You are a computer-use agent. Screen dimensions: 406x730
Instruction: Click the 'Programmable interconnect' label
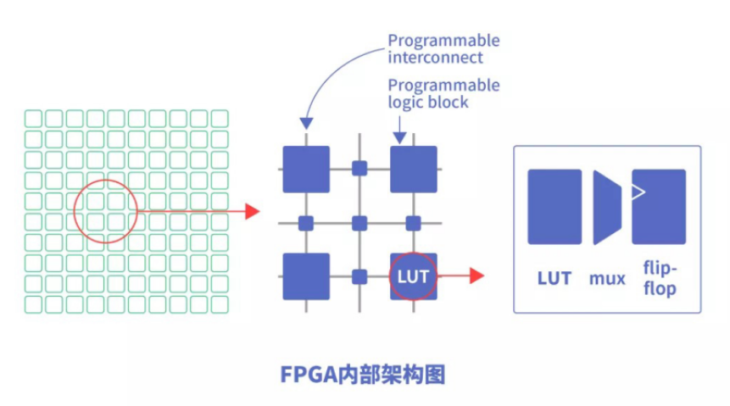pos(443,49)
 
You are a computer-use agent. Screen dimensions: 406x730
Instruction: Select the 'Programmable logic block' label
pos(443,93)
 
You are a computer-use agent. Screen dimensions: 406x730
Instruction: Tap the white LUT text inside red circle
pos(413,277)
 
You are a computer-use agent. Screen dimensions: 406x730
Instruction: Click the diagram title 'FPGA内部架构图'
pos(364,375)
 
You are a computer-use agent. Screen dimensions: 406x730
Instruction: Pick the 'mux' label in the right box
pos(607,278)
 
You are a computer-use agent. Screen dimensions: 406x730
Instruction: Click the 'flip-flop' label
pos(660,279)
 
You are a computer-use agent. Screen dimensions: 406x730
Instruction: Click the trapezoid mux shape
pos(607,208)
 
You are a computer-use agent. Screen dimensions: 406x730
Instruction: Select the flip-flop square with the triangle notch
pos(660,207)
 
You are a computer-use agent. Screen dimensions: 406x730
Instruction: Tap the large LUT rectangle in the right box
pos(554,207)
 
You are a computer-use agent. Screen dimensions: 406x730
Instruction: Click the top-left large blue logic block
pos(305,169)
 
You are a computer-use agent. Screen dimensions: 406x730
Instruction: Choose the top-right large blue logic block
pos(413,169)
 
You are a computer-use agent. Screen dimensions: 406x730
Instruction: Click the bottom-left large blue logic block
pos(305,276)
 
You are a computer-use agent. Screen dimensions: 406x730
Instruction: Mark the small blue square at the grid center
pos(359,223)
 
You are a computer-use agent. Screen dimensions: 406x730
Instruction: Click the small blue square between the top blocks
pos(359,168)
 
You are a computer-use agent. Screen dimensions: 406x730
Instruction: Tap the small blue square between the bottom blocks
pos(359,276)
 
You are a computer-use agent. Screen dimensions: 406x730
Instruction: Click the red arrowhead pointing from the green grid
pos(252,211)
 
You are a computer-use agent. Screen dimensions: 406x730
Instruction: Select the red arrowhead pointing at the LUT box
pos(476,275)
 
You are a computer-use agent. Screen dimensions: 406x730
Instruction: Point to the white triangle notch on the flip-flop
pos(637,192)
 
